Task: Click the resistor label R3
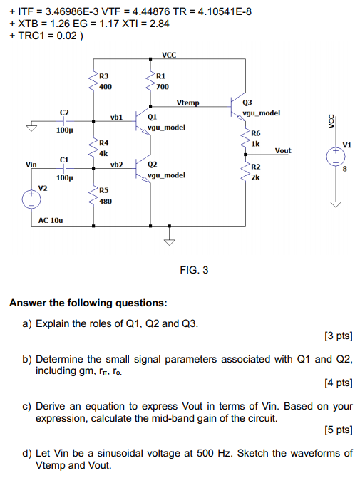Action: (x=104, y=76)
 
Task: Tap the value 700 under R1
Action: (x=162, y=86)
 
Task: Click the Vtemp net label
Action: (x=188, y=103)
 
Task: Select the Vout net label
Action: (x=282, y=151)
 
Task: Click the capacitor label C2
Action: (x=64, y=113)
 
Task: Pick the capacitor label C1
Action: (x=64, y=159)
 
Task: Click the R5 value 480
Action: (x=106, y=201)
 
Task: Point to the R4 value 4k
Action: (x=103, y=153)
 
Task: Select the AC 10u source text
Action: (x=51, y=221)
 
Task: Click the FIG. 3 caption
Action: (x=194, y=270)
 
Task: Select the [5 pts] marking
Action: (x=337, y=431)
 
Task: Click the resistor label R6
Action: (x=257, y=133)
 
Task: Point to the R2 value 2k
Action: (x=255, y=176)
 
